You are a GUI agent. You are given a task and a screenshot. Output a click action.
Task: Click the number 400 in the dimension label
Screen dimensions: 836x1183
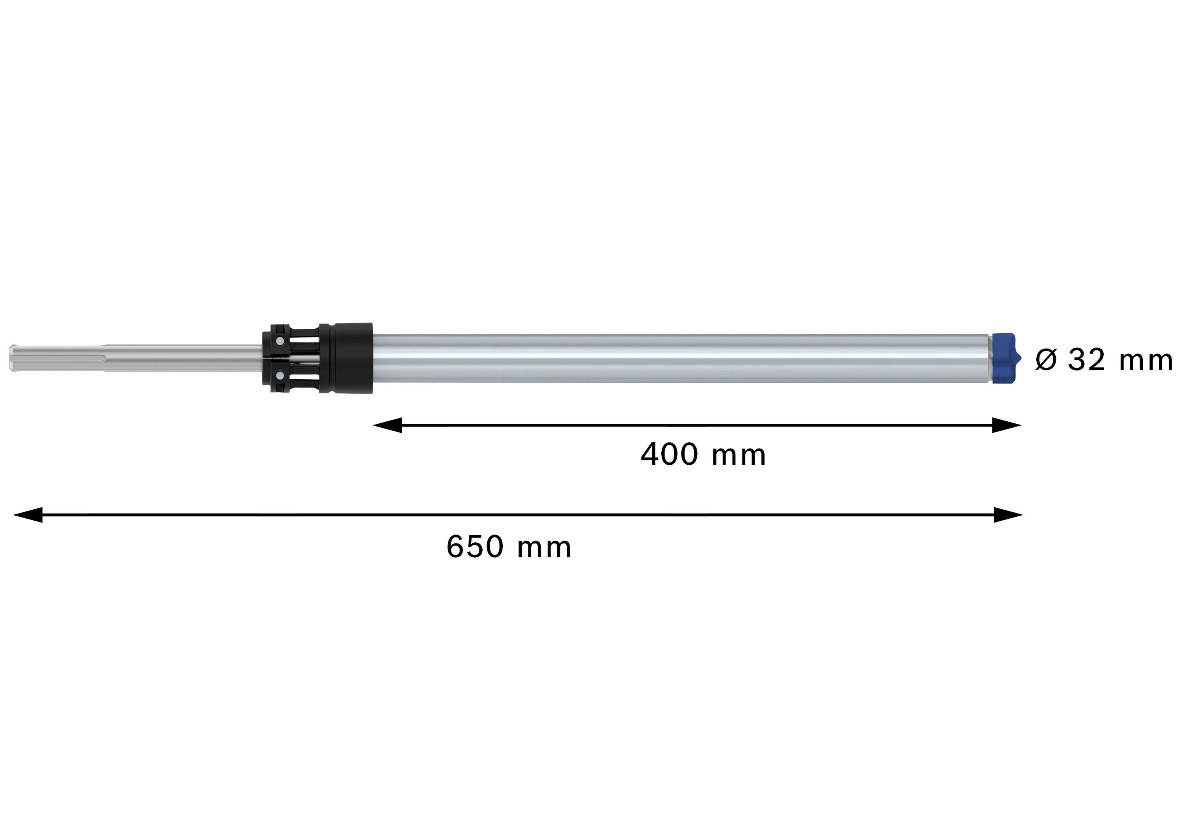(x=669, y=455)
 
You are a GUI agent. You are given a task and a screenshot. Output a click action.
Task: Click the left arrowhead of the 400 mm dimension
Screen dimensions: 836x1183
(x=386, y=425)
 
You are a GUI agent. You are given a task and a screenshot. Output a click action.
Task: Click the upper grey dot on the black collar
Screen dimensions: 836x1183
(x=279, y=341)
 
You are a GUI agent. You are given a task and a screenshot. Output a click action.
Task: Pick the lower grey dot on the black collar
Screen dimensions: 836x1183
(x=279, y=376)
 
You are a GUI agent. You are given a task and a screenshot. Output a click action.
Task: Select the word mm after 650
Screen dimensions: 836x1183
(x=544, y=547)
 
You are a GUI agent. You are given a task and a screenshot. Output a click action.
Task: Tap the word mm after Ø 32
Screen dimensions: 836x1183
(x=1146, y=359)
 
